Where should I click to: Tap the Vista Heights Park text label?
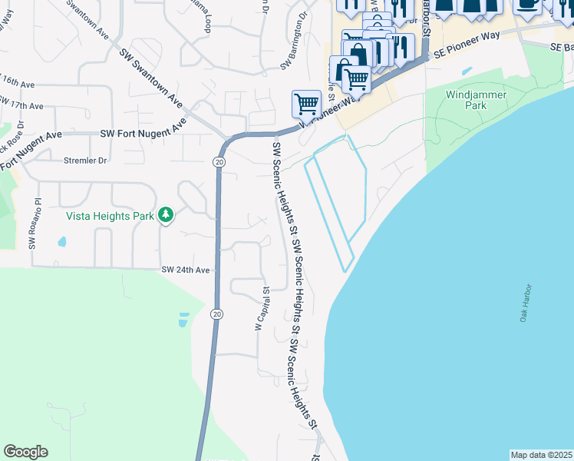tap(110, 217)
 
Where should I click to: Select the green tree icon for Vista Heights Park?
tap(165, 215)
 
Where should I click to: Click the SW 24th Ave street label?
tap(185, 270)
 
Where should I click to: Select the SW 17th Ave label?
tap(23, 104)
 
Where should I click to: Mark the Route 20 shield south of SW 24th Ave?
tap(217, 313)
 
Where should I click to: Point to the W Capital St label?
tap(262, 309)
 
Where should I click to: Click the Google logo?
tap(25, 452)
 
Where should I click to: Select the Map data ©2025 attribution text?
tap(540, 455)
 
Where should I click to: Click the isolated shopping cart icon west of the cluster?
tap(306, 103)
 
